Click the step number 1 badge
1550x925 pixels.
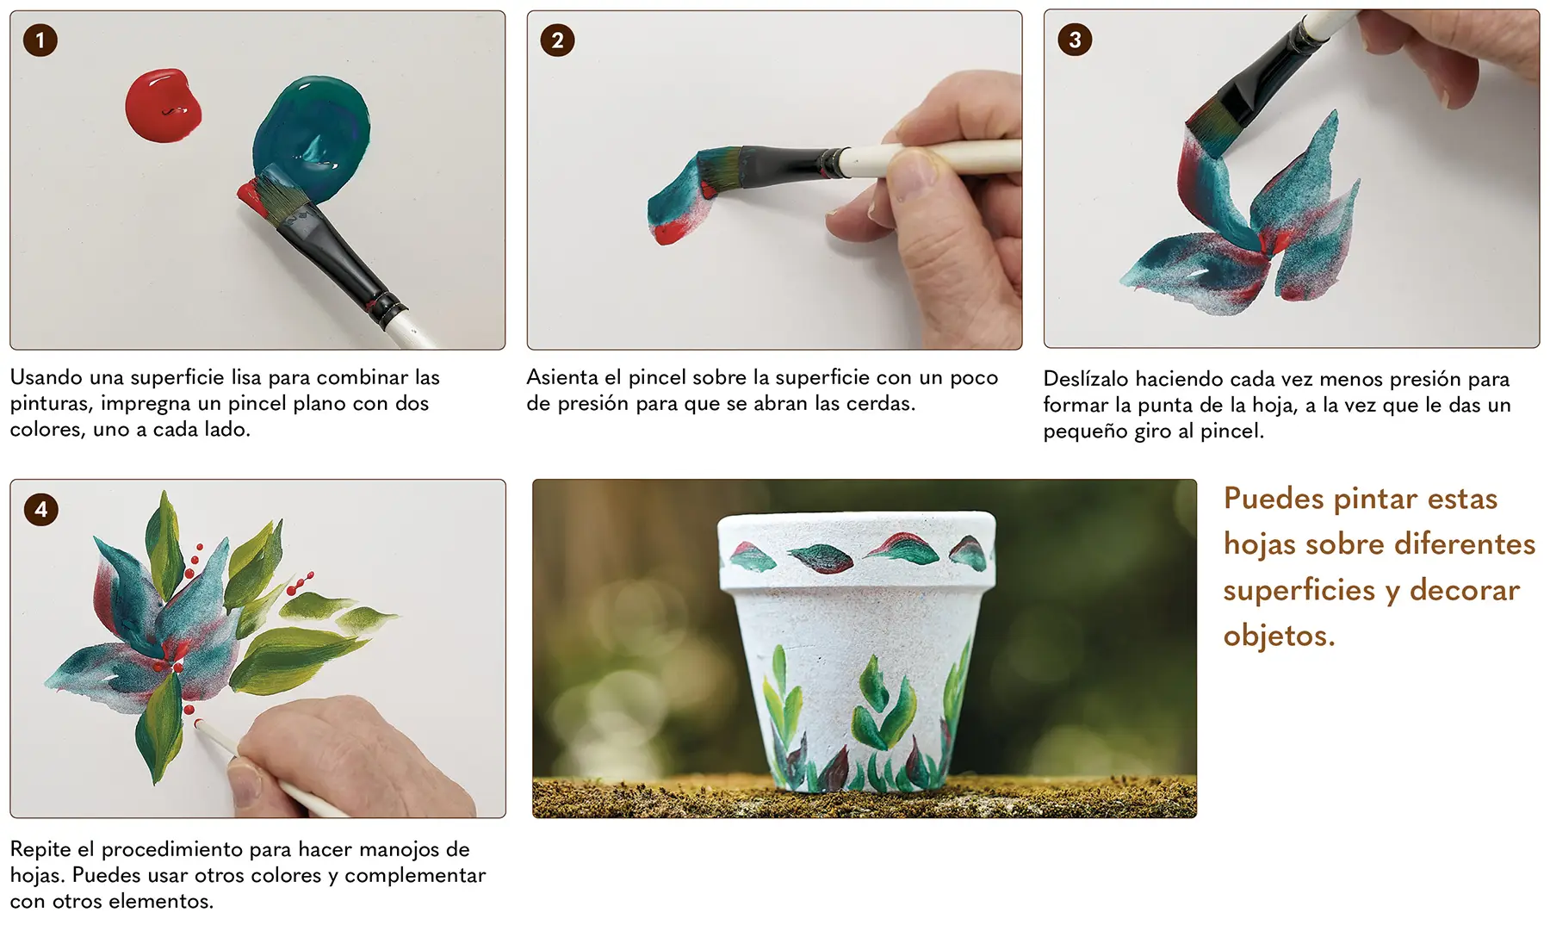tap(40, 40)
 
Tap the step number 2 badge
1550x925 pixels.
tap(557, 40)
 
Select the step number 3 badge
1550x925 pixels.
tap(1075, 40)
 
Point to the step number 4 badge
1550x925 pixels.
tap(40, 509)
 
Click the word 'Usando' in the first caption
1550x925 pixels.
tap(46, 377)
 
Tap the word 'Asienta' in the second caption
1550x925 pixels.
tap(562, 377)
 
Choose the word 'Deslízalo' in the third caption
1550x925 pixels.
tap(1086, 379)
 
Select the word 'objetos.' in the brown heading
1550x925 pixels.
tap(1280, 636)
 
